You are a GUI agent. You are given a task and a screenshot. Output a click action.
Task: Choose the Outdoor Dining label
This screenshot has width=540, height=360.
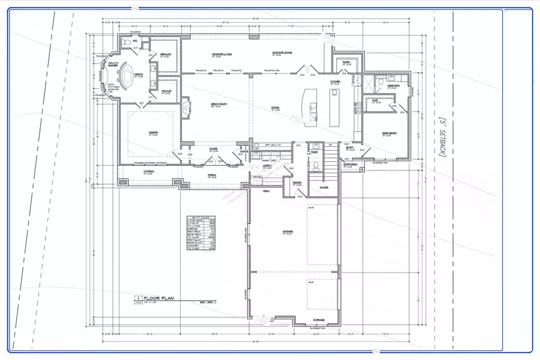coord(281,53)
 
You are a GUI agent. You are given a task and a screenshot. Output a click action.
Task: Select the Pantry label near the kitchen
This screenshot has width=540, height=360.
coord(346,62)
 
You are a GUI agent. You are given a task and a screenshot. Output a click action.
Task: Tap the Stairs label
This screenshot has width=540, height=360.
coord(323,187)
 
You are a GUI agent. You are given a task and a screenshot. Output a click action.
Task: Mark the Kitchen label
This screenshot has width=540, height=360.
coord(335,82)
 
